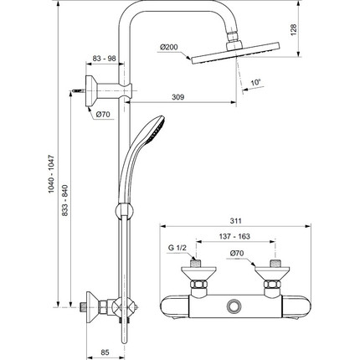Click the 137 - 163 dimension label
click(236, 237)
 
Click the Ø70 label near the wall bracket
click(103, 113)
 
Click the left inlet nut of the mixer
click(200, 290)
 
